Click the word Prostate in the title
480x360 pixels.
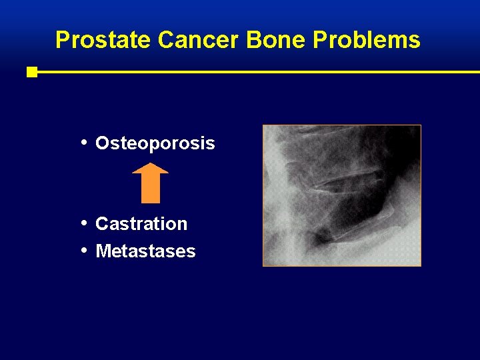[x=104, y=41]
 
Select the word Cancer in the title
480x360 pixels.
[x=199, y=41]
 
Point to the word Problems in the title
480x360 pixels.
[x=367, y=41]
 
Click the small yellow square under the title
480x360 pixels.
[x=32, y=72]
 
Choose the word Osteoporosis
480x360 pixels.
[x=155, y=143]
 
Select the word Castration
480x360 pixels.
[x=141, y=224]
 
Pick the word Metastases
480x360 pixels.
[x=145, y=251]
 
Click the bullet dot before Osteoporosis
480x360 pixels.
[x=83, y=142]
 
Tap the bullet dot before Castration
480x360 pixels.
[x=83, y=223]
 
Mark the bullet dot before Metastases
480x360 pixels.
[x=83, y=250]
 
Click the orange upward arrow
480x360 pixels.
[x=150, y=183]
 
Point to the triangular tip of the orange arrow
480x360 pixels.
[x=150, y=168]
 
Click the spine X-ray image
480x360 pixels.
[x=342, y=195]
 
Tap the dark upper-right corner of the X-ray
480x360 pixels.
[x=407, y=137]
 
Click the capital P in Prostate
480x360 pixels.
[x=62, y=41]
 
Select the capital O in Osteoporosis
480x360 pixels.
[x=103, y=143]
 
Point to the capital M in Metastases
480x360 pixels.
[x=103, y=251]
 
